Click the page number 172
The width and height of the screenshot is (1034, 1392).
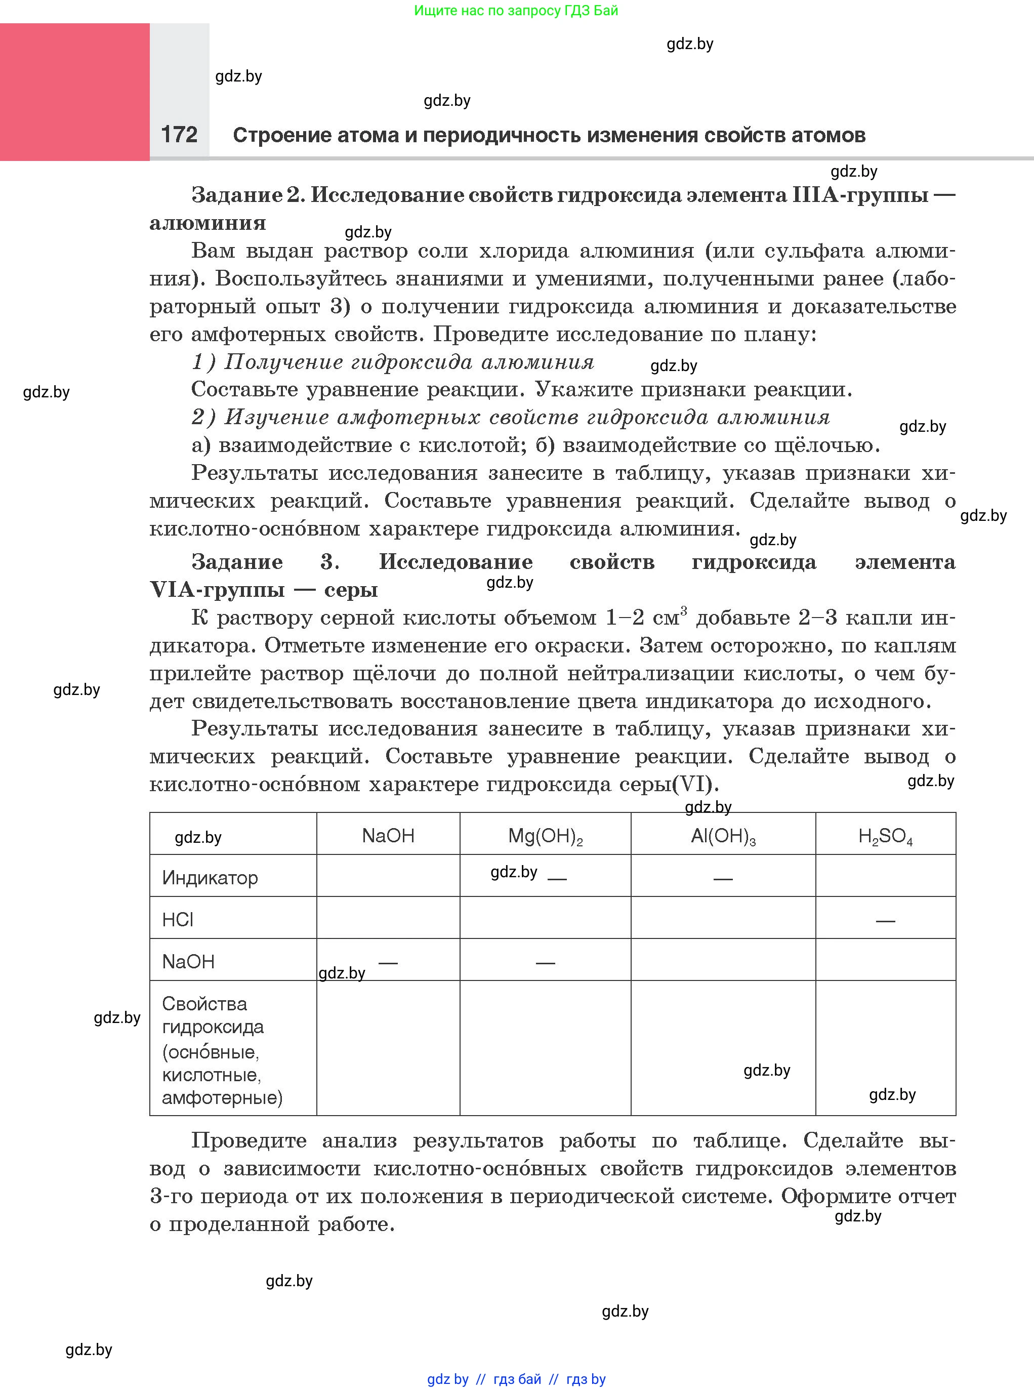pos(179,134)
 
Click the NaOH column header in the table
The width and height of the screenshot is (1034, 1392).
pos(388,836)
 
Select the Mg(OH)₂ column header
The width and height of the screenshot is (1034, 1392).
pos(545,836)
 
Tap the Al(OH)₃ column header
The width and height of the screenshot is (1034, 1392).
pos(723,836)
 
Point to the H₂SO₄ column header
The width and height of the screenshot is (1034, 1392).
pos(885,836)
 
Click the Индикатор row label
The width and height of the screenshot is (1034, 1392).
pos(210,878)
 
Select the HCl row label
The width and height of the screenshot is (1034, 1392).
pos(178,919)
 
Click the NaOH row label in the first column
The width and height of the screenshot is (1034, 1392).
pos(188,961)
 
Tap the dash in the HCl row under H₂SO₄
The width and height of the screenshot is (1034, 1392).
pos(885,921)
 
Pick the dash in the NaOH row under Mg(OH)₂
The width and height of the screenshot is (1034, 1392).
pos(545,963)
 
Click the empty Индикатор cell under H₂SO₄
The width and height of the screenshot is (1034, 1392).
pos(885,876)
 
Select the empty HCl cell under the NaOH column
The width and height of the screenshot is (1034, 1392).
pos(388,918)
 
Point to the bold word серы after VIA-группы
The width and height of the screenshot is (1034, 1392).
pos(351,590)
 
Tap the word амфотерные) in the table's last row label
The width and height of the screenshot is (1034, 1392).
pos(222,1098)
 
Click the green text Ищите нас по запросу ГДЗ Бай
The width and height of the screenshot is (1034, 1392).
pos(516,11)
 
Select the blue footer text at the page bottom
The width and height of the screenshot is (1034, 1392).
pos(516,1379)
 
